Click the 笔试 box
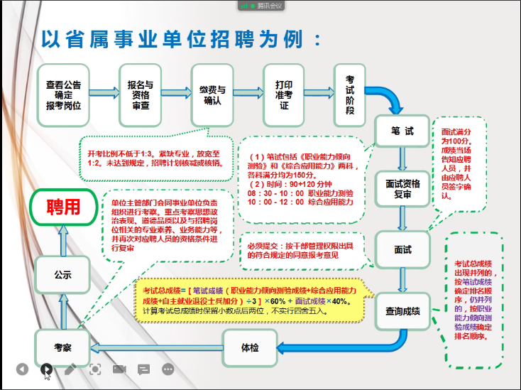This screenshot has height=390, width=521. (402, 131)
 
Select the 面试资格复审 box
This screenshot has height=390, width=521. (402, 188)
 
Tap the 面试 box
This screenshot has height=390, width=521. (402, 249)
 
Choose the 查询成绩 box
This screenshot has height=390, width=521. (402, 310)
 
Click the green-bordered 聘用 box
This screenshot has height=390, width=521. (63, 207)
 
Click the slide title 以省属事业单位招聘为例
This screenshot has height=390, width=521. (181, 37)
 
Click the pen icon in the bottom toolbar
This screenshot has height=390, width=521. (70, 369)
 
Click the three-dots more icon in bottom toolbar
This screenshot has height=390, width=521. (168, 369)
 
